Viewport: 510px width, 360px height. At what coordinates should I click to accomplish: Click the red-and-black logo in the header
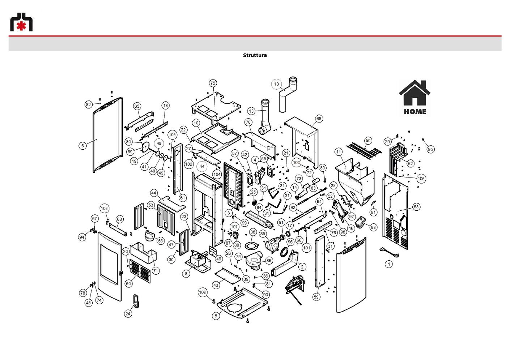pyautogui.click(x=21, y=22)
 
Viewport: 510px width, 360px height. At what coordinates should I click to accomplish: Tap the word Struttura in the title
pyautogui.click(x=255, y=55)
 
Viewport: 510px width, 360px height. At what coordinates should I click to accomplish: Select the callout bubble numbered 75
pyautogui.click(x=213, y=83)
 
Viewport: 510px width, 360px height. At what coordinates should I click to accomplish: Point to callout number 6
pyautogui.click(x=82, y=146)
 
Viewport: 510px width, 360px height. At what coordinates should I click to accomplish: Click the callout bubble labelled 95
pyautogui.click(x=430, y=149)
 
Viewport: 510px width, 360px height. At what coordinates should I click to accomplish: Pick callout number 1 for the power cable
pyautogui.click(x=389, y=264)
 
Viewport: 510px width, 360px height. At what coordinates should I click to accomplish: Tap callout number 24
pyautogui.click(x=128, y=314)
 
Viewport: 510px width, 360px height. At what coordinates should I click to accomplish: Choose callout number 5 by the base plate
pyautogui.click(x=216, y=316)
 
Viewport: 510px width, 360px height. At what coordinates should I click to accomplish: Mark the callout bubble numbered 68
pyautogui.click(x=319, y=119)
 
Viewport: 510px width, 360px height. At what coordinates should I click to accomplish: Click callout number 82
pyautogui.click(x=88, y=105)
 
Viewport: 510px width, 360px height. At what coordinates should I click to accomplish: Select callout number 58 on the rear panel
pyautogui.click(x=416, y=207)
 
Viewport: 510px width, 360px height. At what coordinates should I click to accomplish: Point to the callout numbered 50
pyautogui.click(x=368, y=141)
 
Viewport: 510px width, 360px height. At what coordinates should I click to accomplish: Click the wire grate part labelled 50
pyautogui.click(x=364, y=150)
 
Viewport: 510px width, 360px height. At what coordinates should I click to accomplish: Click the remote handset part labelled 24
pyautogui.click(x=136, y=301)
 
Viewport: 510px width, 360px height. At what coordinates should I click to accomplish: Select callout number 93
pyautogui.click(x=373, y=227)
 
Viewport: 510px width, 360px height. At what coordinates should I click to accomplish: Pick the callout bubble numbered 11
pyautogui.click(x=339, y=152)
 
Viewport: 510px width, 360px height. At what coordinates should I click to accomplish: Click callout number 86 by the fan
pyautogui.click(x=269, y=261)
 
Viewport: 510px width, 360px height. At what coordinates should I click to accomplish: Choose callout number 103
pyautogui.click(x=104, y=209)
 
